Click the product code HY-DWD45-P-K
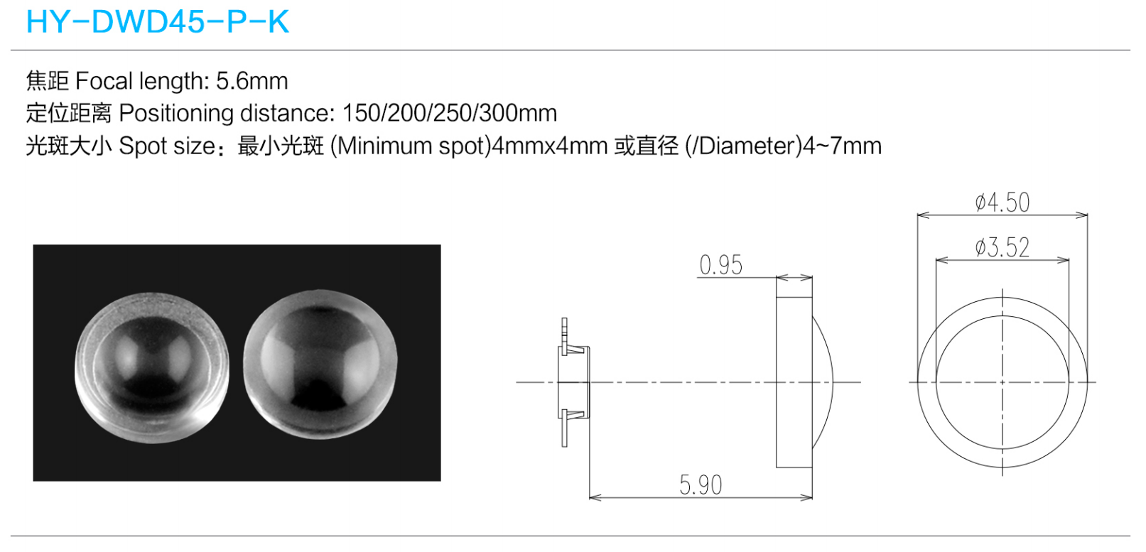click(158, 22)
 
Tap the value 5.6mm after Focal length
click(252, 81)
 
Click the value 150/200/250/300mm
click(450, 113)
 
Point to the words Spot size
click(167, 146)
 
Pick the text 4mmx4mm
click(549, 146)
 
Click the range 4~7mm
click(842, 146)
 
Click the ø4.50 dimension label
click(1002, 202)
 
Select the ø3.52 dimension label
click(1002, 248)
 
